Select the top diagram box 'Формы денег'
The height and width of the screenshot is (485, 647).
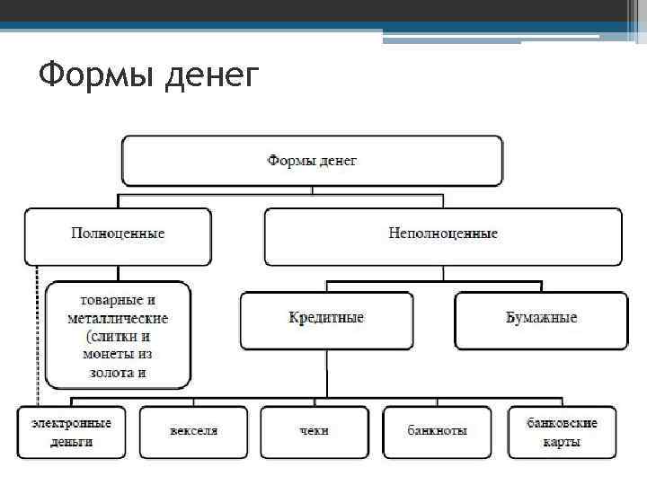tap(311, 161)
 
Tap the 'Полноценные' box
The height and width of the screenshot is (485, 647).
tap(118, 234)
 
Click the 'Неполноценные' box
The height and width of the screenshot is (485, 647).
tap(442, 234)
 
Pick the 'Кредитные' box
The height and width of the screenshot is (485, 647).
tap(326, 318)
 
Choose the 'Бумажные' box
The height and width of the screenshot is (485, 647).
tap(540, 318)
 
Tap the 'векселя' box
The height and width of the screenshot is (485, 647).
tap(193, 432)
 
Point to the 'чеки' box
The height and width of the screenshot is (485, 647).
tap(315, 432)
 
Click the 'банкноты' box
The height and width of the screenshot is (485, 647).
tap(437, 432)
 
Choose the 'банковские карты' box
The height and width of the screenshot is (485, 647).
tap(562, 432)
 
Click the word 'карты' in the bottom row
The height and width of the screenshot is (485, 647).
tap(562, 442)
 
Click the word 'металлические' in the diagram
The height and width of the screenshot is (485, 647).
tap(118, 319)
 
